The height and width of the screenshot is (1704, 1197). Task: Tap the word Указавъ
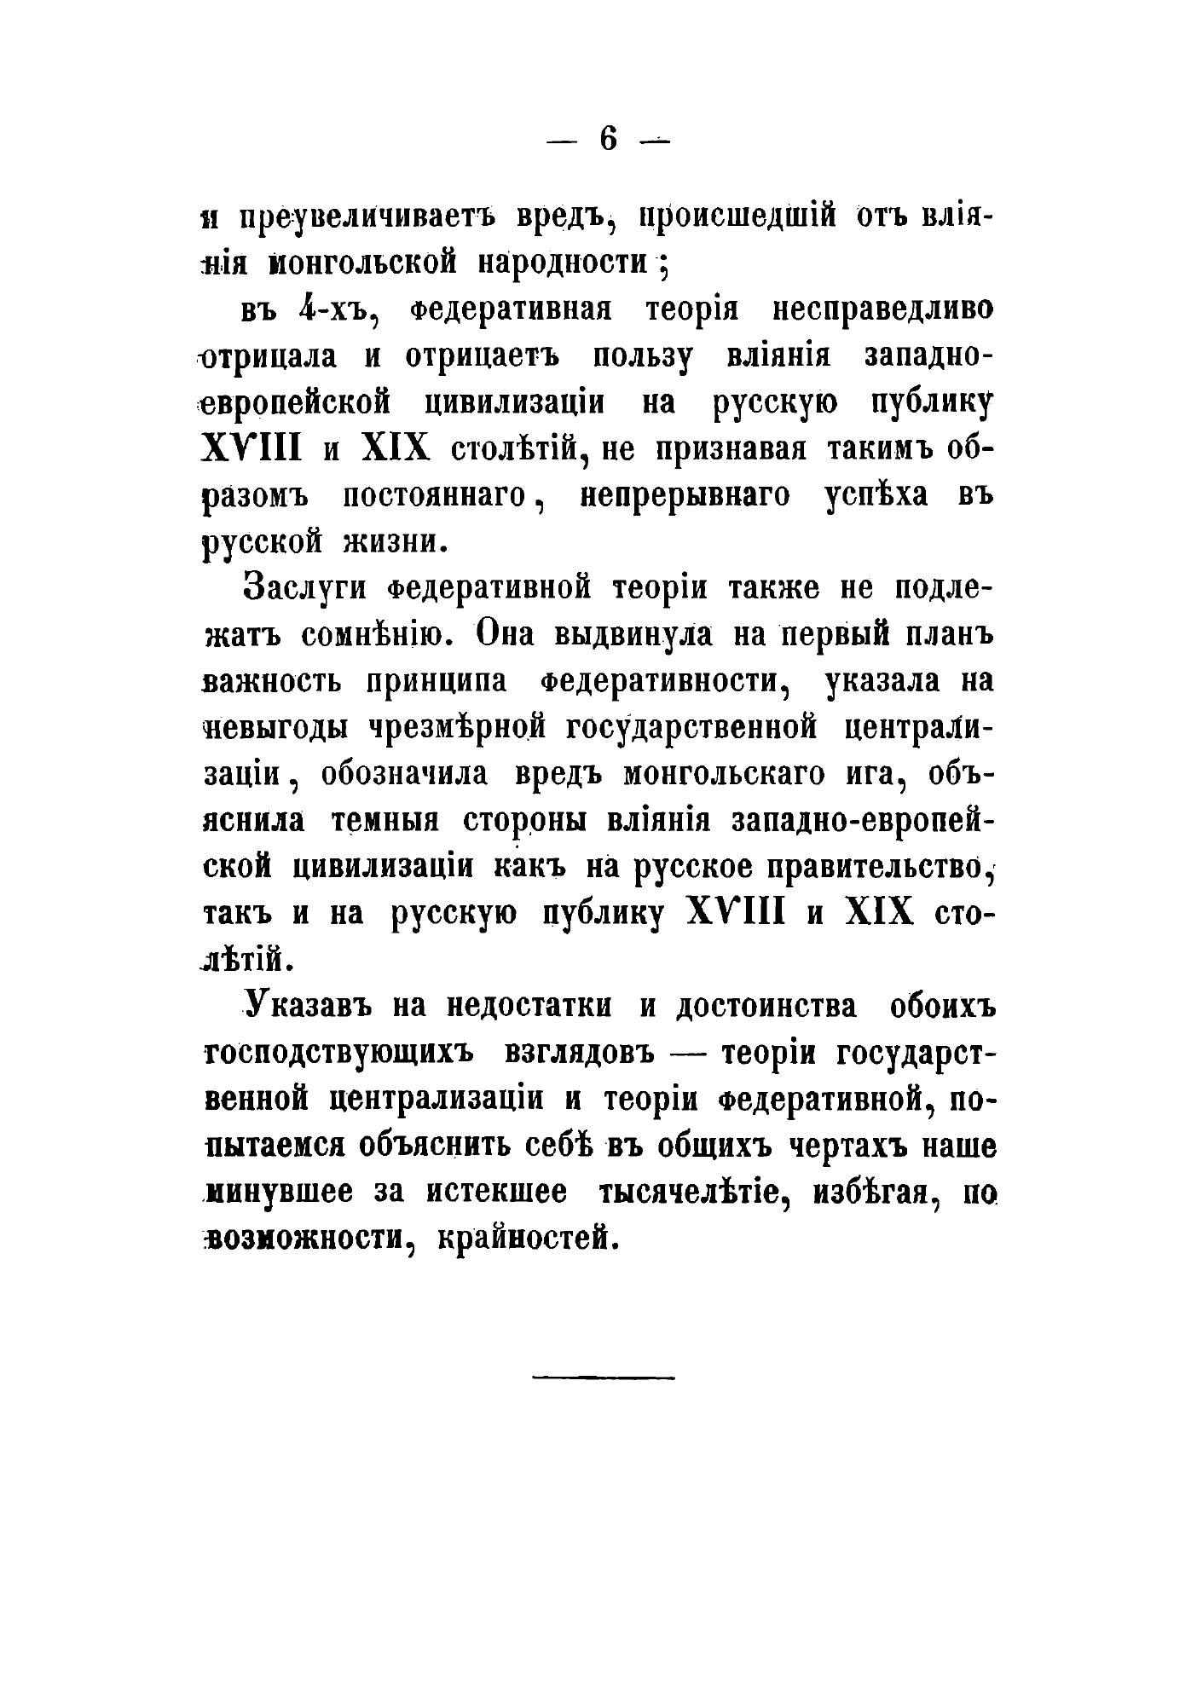coord(309,1006)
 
